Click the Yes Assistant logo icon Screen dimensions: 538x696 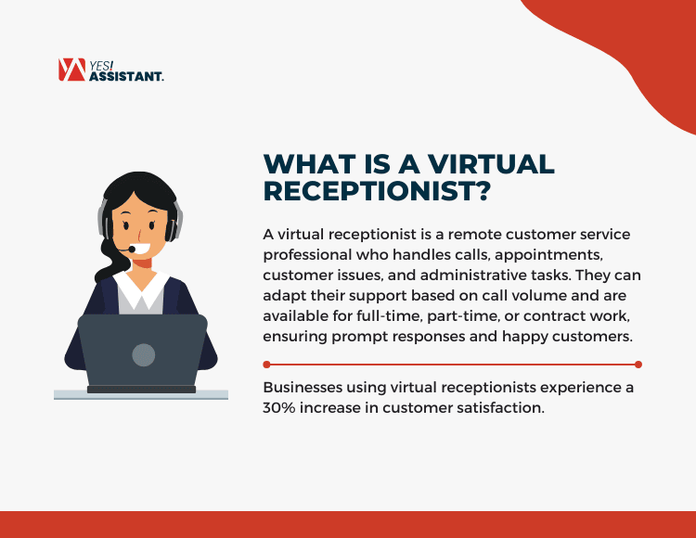[x=71, y=70]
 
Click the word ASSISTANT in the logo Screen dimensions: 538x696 [x=126, y=77]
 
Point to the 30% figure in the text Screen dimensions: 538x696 [x=282, y=408]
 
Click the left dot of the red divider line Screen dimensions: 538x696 [x=266, y=365]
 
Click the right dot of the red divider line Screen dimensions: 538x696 [x=638, y=365]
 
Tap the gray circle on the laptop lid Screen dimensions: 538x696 [x=143, y=353]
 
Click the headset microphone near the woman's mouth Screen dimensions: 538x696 [x=132, y=250]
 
